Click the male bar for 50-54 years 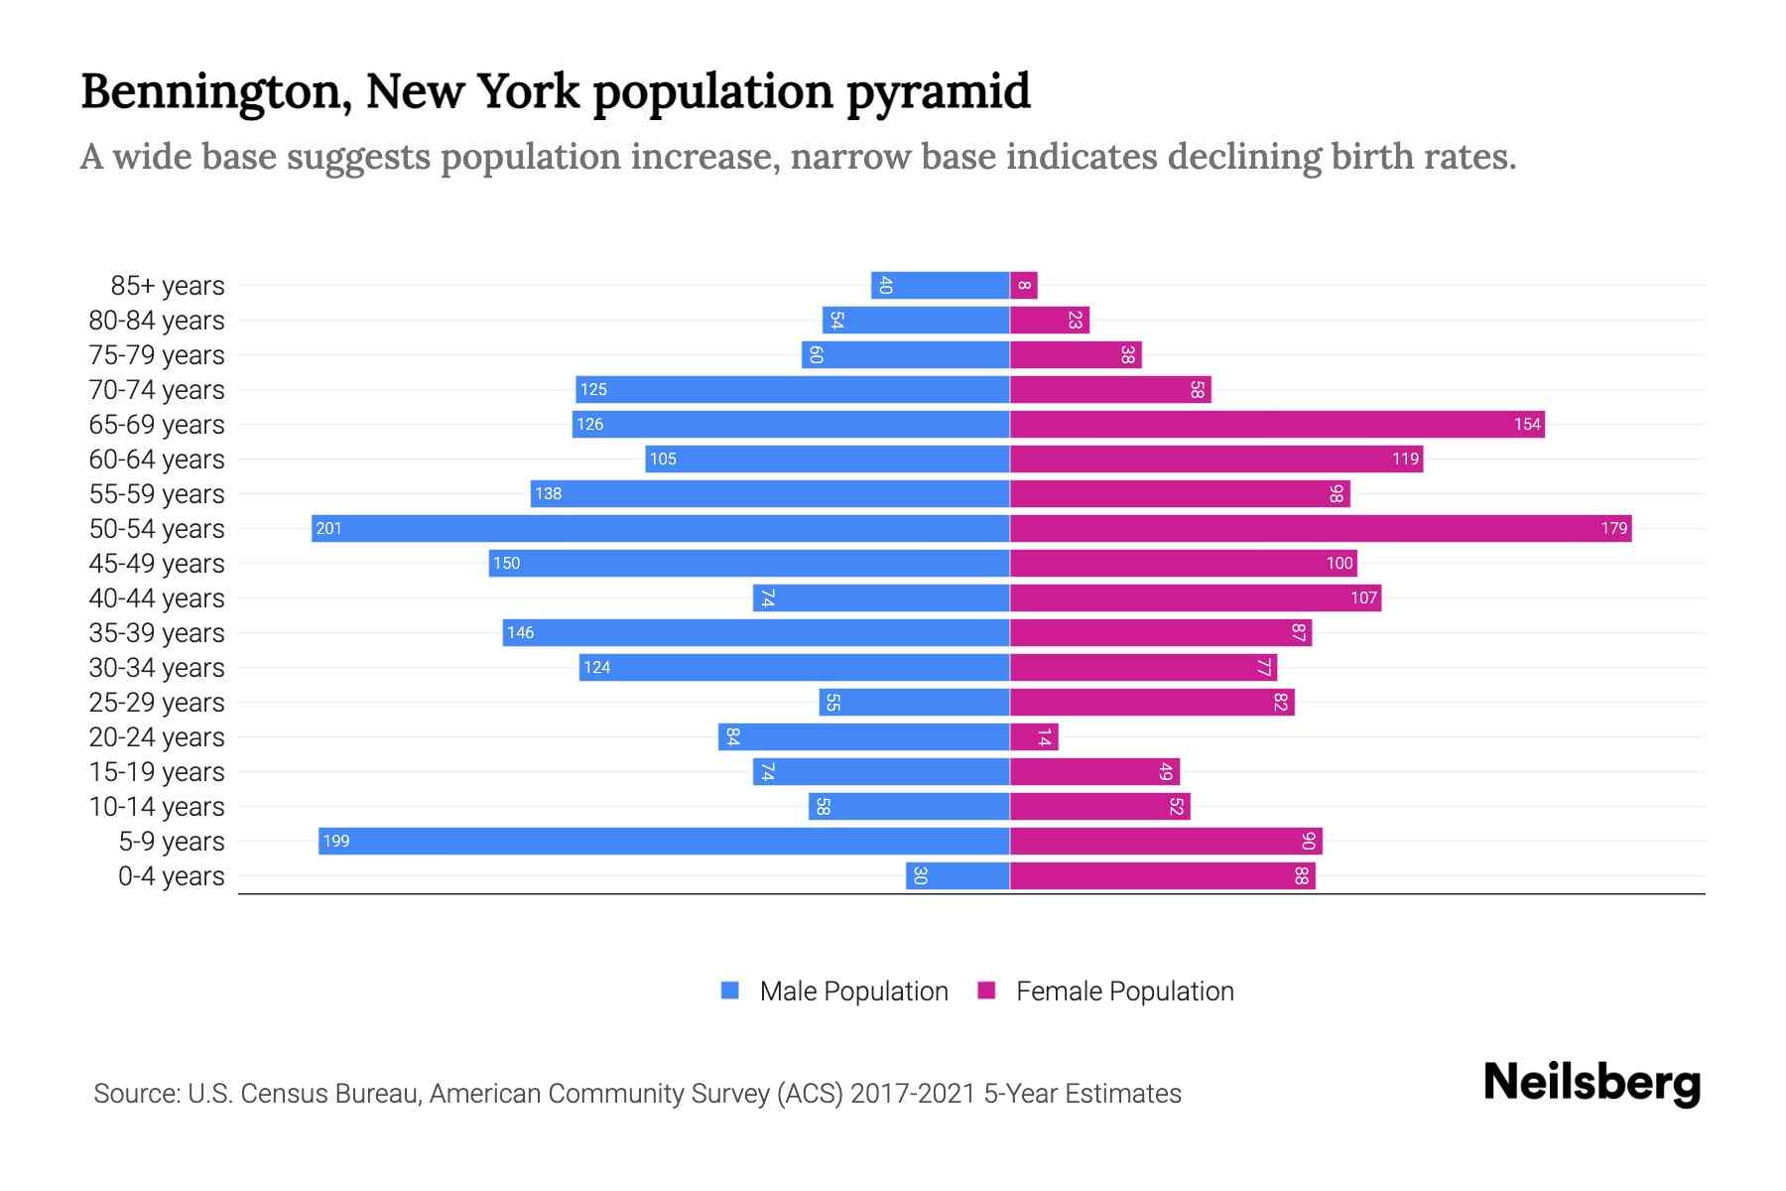(660, 528)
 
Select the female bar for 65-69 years (1277, 424)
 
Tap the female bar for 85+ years (1024, 285)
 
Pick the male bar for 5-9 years (664, 841)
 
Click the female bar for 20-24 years (1034, 736)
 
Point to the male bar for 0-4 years (957, 875)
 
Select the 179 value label (1613, 528)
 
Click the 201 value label (328, 528)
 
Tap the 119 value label (1405, 459)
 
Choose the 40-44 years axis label (157, 598)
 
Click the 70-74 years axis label (157, 390)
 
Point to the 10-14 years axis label (157, 807)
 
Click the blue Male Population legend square (730, 991)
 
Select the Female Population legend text (1124, 991)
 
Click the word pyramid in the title (938, 91)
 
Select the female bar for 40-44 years (1196, 597)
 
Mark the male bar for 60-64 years (828, 459)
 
